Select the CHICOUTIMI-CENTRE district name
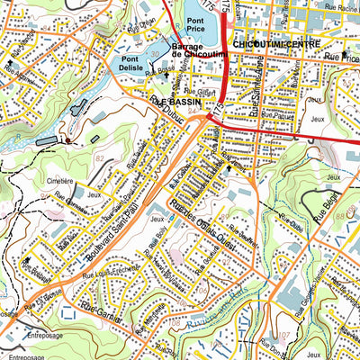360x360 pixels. pyautogui.click(x=270, y=43)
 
